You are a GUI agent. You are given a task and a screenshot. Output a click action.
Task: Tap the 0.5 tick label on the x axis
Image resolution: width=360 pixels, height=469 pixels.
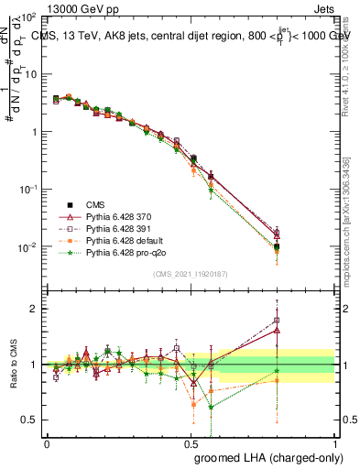[191, 442]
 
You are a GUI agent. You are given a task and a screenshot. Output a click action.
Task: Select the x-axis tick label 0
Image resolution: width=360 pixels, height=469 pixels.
[47, 442]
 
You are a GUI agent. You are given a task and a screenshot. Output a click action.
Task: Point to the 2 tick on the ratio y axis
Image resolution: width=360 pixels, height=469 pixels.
[35, 309]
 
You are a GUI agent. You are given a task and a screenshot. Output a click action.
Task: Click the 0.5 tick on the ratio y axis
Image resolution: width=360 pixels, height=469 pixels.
[31, 420]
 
